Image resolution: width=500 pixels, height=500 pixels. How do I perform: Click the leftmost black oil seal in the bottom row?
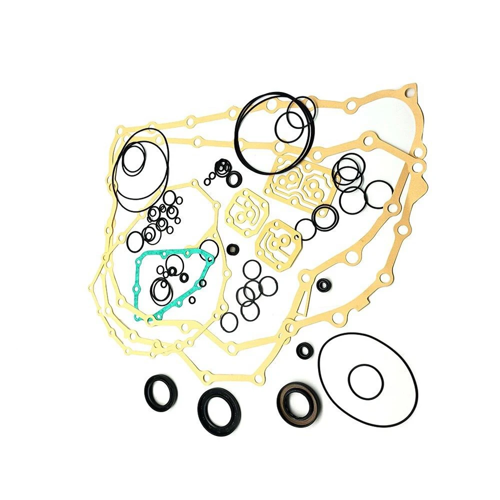[x=160, y=391]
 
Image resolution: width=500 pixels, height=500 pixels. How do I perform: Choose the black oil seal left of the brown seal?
[x=219, y=411]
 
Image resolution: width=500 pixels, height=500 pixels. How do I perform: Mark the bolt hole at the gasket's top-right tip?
[x=409, y=92]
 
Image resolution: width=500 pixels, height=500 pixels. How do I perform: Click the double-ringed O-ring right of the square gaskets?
[x=325, y=217]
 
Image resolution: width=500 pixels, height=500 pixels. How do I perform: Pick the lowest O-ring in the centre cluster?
[x=229, y=322]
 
